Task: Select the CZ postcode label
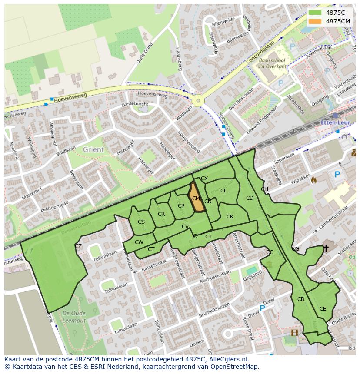coord(78,246)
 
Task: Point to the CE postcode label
coord(323,309)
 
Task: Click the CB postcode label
coord(301,299)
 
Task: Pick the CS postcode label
coord(141,222)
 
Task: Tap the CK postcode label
coord(230,217)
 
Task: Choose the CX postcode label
coord(204,179)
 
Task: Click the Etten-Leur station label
coord(335,123)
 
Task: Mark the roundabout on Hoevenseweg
coord(199,101)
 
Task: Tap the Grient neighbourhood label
coord(93,149)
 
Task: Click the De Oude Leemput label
coord(74,317)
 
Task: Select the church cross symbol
coord(326,248)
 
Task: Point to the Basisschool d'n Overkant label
coord(272,63)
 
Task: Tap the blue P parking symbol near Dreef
coord(262,308)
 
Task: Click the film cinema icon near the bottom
coord(295,333)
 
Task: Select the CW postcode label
coord(139,242)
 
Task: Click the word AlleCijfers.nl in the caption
coord(228,359)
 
